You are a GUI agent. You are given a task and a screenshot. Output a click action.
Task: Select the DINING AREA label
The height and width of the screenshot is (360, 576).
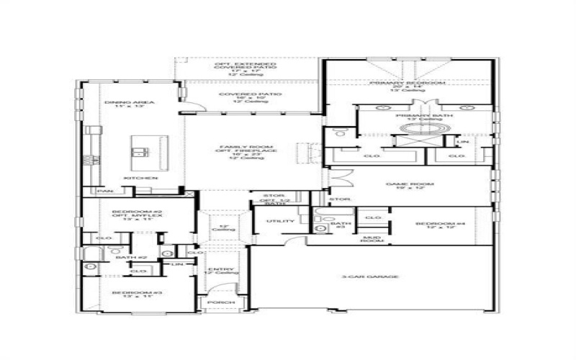click(x=120, y=103)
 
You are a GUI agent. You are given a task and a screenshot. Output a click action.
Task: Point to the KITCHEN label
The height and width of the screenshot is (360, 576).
click(x=140, y=177)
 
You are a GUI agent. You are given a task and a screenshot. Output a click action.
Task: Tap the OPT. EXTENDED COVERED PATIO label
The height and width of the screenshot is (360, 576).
click(x=245, y=65)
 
